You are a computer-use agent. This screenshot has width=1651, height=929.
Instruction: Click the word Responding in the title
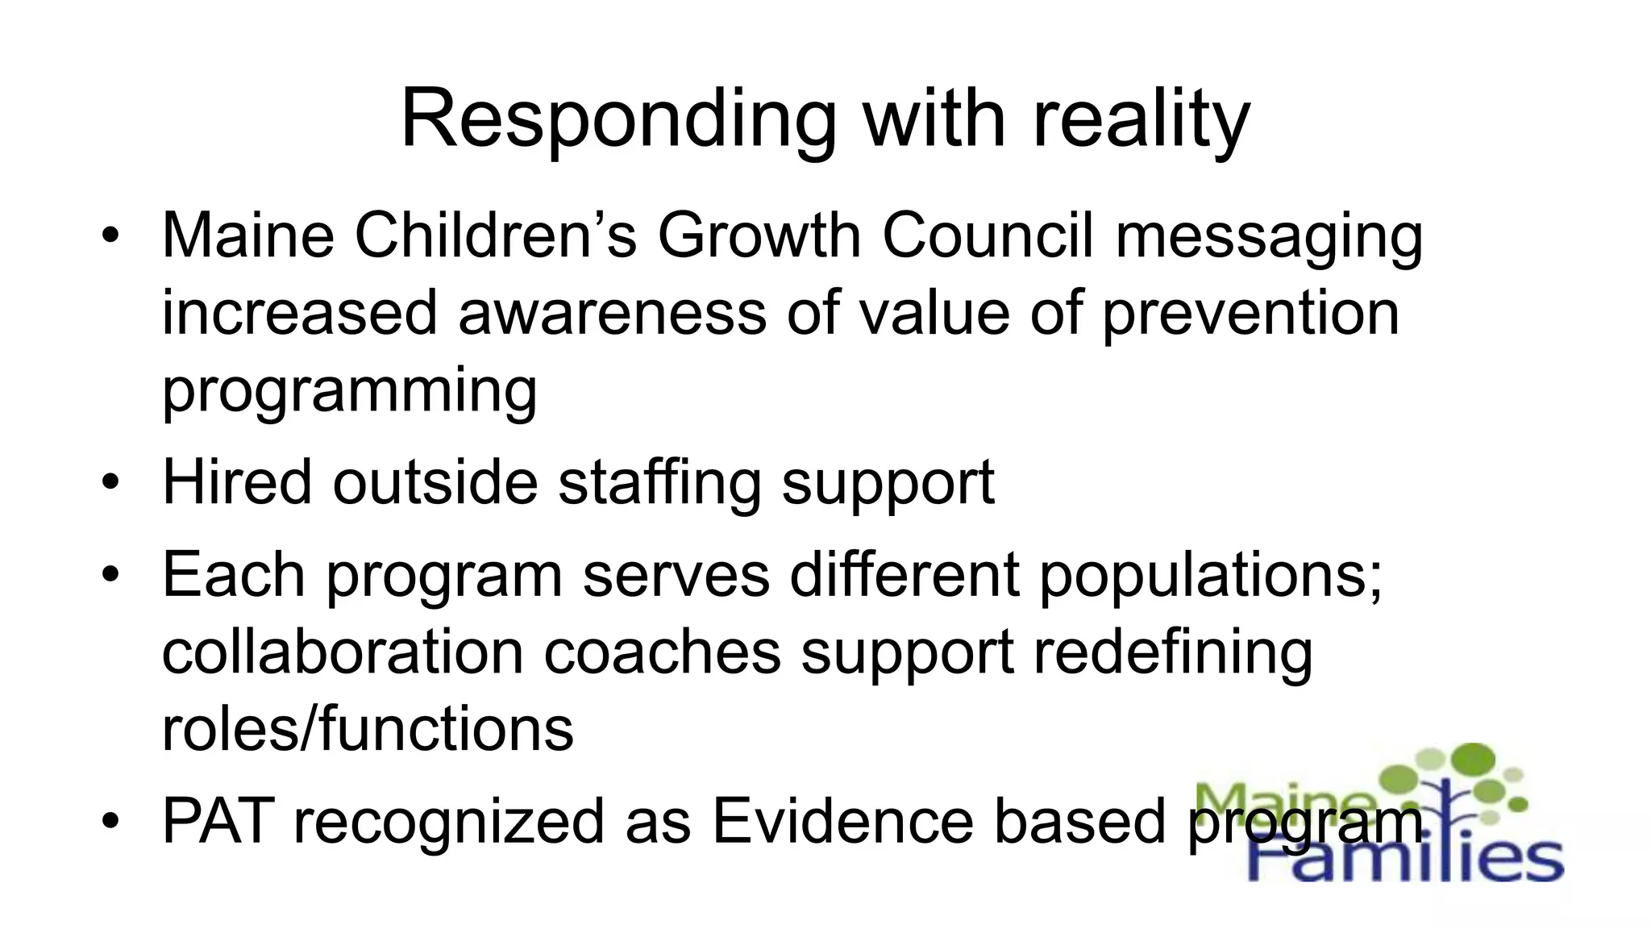pos(618,119)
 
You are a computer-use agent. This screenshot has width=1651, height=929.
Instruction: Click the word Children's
pos(496,235)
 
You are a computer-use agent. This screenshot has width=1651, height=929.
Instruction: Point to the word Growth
pos(759,235)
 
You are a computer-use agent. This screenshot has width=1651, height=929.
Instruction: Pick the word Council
pos(988,235)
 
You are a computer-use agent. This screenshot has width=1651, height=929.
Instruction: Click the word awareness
pos(612,313)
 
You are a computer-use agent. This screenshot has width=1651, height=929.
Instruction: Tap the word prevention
pos(1250,313)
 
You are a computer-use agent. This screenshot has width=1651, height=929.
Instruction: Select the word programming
pos(349,390)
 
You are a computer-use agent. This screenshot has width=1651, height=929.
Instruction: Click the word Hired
pos(237,482)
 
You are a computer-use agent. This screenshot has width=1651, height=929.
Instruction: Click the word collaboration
pos(343,652)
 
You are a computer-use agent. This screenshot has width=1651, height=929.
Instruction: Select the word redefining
pos(1173,652)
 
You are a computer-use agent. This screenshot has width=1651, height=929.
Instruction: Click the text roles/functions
pos(368,729)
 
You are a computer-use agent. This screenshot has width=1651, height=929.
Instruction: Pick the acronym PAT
pos(218,822)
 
